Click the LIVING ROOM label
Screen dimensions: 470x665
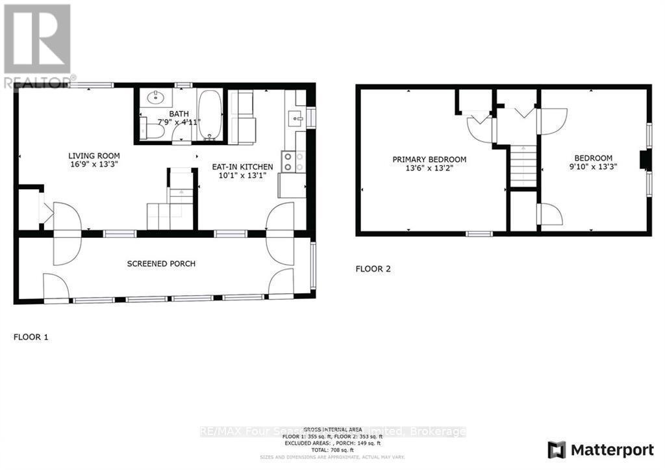click(x=94, y=156)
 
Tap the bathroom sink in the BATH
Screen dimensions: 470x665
click(x=156, y=99)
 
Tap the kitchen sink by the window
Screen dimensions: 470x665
click(x=295, y=118)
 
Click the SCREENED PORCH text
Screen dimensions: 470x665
click(x=161, y=264)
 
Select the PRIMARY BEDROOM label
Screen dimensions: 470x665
click(x=429, y=159)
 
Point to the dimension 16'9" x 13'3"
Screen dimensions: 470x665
click(x=94, y=164)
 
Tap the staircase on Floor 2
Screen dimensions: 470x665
click(x=523, y=166)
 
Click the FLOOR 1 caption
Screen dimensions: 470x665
click(x=31, y=337)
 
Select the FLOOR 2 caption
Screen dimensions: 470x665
click(x=373, y=268)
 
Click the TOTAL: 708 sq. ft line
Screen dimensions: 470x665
click(x=332, y=449)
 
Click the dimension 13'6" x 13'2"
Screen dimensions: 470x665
click(x=429, y=167)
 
